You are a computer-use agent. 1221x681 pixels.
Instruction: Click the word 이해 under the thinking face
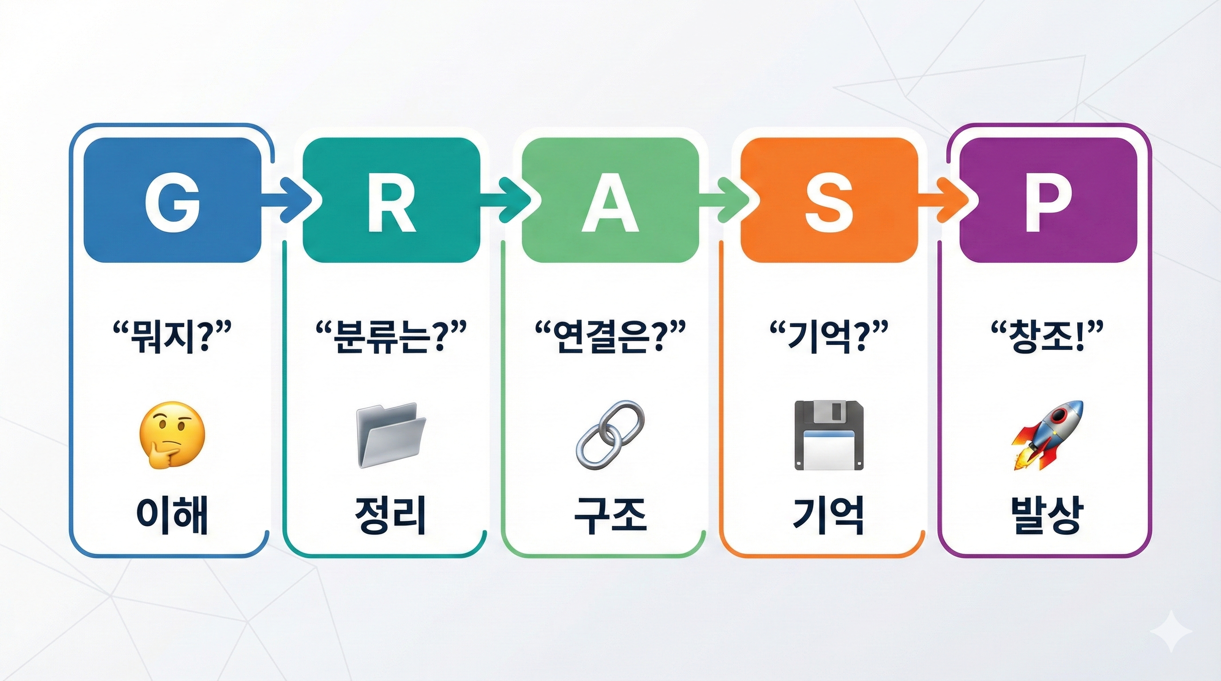click(x=172, y=516)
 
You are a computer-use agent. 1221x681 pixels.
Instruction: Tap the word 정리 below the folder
click(x=391, y=516)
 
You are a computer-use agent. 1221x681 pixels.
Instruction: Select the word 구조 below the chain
click(x=610, y=516)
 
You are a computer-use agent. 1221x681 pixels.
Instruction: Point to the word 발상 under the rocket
click(x=1048, y=516)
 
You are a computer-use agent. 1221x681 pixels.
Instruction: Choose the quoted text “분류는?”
click(x=391, y=337)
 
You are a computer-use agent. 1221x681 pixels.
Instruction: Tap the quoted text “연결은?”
click(x=610, y=337)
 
